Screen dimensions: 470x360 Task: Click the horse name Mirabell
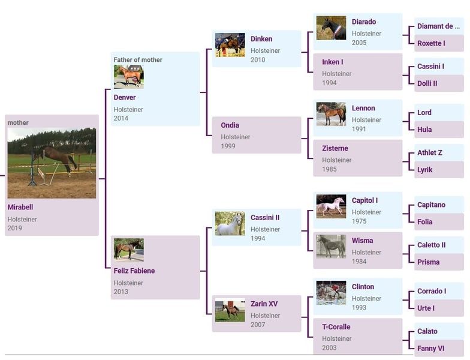click(x=20, y=207)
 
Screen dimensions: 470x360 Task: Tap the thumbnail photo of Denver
click(x=128, y=77)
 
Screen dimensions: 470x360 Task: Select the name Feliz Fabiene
click(x=134, y=271)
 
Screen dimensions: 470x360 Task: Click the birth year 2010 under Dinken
click(x=258, y=60)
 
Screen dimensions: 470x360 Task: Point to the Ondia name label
click(x=230, y=125)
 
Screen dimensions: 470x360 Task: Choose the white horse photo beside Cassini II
click(x=230, y=223)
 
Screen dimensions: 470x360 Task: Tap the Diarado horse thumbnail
click(x=331, y=28)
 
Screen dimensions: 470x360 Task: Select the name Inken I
click(x=332, y=62)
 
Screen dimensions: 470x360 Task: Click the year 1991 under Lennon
click(x=358, y=129)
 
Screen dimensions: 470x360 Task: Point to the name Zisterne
click(x=335, y=148)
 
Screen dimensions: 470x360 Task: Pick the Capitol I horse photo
click(x=331, y=206)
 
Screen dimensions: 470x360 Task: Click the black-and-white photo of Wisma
click(x=331, y=247)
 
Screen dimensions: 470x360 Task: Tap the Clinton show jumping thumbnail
click(x=331, y=293)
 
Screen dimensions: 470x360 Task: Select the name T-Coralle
click(x=336, y=326)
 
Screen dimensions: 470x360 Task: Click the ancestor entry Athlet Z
click(x=429, y=152)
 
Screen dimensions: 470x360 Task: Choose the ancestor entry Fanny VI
click(x=430, y=348)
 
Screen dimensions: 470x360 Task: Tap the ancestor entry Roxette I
click(x=431, y=43)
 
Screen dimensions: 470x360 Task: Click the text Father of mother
click(x=138, y=60)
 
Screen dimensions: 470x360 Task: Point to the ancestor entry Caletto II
click(x=432, y=245)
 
